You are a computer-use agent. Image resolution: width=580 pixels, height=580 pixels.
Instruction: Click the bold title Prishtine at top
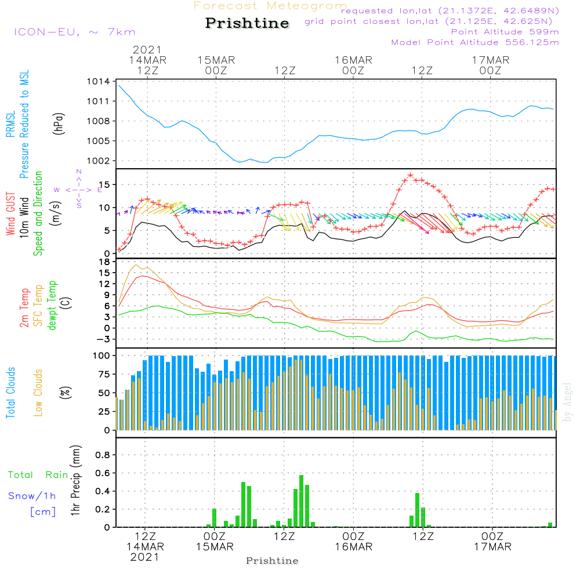pos(247,23)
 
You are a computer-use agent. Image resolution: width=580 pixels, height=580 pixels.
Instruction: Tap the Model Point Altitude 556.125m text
pos(475,42)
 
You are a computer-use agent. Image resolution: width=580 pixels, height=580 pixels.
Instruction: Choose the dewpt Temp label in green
pos(52,306)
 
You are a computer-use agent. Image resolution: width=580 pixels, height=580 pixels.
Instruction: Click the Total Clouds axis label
pos(10,392)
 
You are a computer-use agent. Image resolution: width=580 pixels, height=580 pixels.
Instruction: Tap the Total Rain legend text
pos(38,474)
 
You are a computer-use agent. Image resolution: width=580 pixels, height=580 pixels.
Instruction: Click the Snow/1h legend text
pos(32,496)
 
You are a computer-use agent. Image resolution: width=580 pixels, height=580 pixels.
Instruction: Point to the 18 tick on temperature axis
pos(104,262)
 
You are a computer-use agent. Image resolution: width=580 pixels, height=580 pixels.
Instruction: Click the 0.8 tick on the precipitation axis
pos(102,455)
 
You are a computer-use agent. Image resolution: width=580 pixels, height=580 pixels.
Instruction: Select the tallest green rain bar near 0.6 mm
pos(301,501)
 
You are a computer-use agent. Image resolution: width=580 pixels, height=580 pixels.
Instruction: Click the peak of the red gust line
pos(410,175)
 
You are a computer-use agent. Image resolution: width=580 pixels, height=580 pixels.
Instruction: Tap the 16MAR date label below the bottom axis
pos(353,547)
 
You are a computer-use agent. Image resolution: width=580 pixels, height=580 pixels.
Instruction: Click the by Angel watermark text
pos(567,402)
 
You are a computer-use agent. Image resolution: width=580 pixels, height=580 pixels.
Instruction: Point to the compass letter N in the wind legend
pos(79,172)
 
